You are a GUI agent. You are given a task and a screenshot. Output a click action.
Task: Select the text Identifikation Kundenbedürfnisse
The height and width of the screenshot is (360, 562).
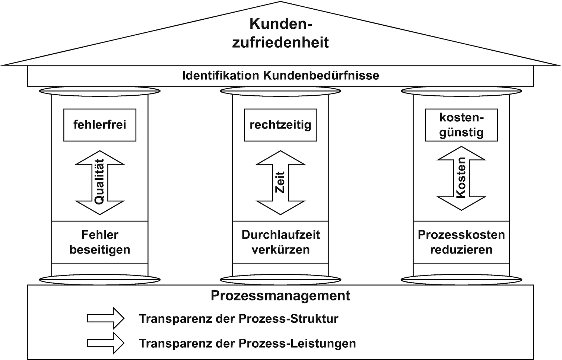[x=280, y=76]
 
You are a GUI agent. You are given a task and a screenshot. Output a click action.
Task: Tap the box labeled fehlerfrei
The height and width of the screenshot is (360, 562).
[x=100, y=125]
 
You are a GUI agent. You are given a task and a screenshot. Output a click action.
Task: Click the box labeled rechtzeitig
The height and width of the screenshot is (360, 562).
[x=280, y=125]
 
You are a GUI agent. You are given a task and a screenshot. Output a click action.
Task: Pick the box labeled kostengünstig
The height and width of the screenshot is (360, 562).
[x=461, y=125]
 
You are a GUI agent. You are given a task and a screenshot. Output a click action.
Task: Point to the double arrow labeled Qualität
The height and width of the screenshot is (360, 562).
[x=99, y=182]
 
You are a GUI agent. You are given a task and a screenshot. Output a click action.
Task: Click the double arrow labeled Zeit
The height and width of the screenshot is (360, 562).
[x=280, y=182]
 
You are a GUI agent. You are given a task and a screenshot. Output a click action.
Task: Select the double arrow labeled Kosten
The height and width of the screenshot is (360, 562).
[x=461, y=178]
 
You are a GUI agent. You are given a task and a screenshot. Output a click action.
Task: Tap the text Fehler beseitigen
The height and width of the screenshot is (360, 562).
[x=100, y=242]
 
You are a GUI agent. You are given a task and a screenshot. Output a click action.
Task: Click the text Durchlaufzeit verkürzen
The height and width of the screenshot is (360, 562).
[x=280, y=242]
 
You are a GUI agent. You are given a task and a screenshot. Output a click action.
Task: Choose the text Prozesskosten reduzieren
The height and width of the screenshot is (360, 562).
[x=461, y=242]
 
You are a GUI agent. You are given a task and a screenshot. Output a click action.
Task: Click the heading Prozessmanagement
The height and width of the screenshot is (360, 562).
[x=280, y=296]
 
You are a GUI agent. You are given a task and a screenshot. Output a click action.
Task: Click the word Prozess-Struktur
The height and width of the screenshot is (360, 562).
[x=288, y=319]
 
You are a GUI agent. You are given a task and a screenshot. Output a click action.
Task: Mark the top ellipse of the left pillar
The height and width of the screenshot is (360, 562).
[x=100, y=91]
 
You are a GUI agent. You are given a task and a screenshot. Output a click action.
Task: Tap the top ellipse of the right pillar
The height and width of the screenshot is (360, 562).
[x=461, y=91]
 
